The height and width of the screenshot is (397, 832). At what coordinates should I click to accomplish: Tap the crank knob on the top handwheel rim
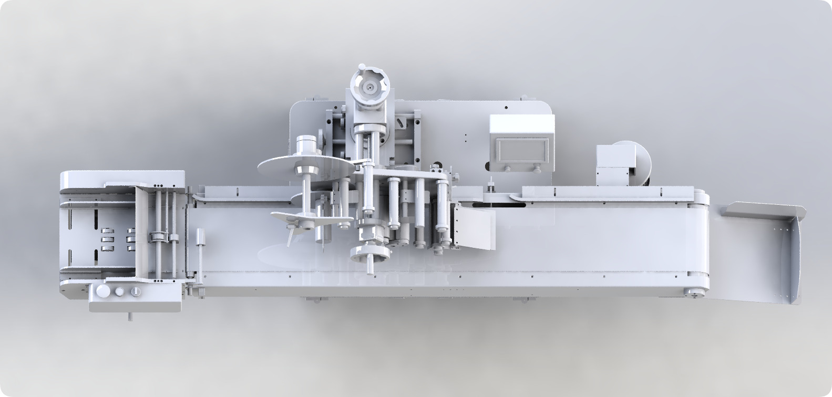tap(361, 68)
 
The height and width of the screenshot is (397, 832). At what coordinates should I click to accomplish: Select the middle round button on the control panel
tap(119, 291)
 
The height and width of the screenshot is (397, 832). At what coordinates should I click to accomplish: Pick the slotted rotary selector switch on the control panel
tap(137, 291)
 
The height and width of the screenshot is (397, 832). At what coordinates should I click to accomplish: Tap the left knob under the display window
tap(508, 168)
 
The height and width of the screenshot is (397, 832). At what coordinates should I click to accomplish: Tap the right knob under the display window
tap(536, 168)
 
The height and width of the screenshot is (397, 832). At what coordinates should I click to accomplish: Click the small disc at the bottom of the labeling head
tap(370, 254)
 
